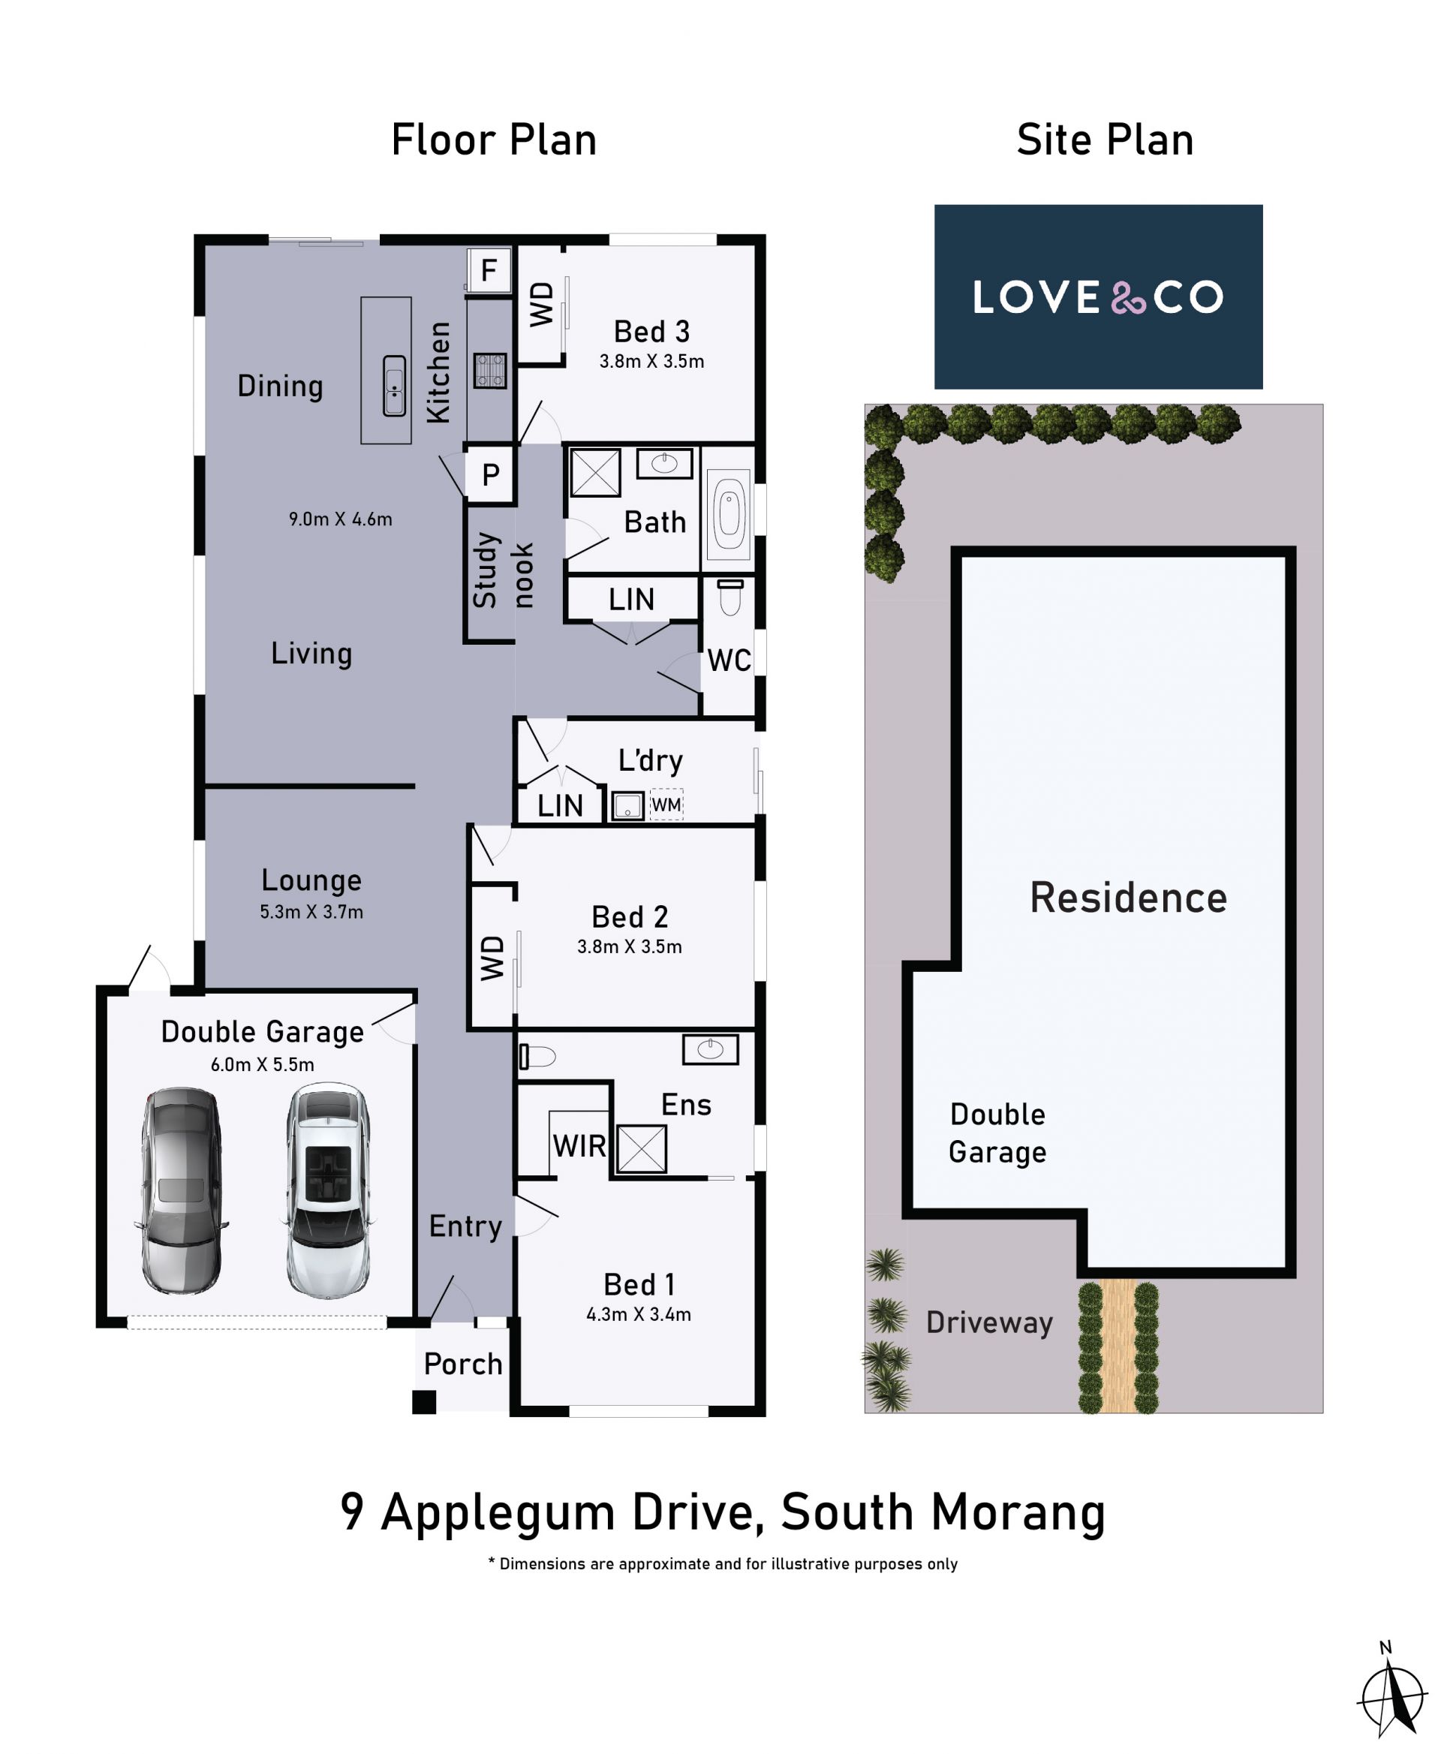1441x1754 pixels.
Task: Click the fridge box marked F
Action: click(x=489, y=269)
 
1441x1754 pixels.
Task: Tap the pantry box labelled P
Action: click(x=491, y=475)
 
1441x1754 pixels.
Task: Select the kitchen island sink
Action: click(x=394, y=385)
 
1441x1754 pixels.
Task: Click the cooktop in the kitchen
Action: click(x=490, y=371)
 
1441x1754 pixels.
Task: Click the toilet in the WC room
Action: click(x=730, y=596)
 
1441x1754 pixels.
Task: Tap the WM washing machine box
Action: click(x=666, y=804)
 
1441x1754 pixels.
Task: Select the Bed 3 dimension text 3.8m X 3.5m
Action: click(x=651, y=361)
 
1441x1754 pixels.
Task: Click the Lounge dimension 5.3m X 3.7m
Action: click(x=311, y=911)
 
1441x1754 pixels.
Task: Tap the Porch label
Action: click(x=463, y=1364)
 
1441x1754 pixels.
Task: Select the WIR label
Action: click(x=579, y=1146)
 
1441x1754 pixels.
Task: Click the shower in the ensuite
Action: click(x=642, y=1149)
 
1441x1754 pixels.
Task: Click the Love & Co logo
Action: click(x=1098, y=296)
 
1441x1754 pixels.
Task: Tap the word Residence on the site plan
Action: click(x=1128, y=898)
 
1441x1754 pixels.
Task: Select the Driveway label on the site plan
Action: click(x=989, y=1322)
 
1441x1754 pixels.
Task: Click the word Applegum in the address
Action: click(x=496, y=1513)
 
